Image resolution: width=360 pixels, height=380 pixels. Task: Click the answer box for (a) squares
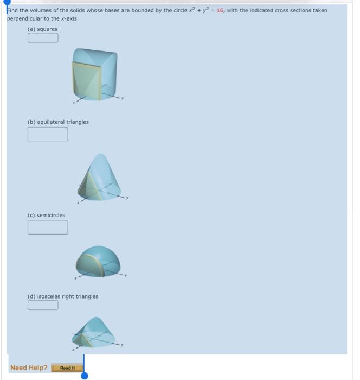(x=43, y=37)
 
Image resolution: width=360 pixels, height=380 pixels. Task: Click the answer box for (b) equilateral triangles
(x=48, y=134)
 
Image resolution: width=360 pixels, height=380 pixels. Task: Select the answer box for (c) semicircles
(x=48, y=227)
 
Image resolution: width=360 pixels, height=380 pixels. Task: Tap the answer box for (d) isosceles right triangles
(x=43, y=305)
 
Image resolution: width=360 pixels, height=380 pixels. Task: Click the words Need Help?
(x=29, y=368)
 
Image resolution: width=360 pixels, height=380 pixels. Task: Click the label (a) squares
(x=42, y=29)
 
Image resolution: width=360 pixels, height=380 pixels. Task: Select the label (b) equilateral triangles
(x=58, y=122)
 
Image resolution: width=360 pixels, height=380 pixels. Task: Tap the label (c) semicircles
(x=46, y=215)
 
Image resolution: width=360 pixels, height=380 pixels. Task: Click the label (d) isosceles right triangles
(x=63, y=296)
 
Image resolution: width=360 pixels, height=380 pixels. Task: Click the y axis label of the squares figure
(x=123, y=98)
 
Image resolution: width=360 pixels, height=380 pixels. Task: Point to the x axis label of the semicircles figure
(x=76, y=278)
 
